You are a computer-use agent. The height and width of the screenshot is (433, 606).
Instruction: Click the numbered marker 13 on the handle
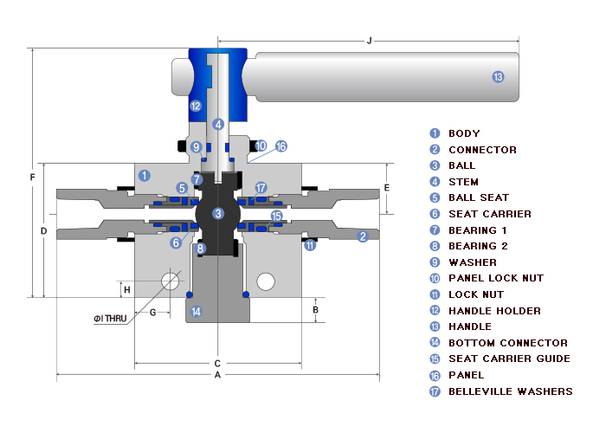(x=497, y=77)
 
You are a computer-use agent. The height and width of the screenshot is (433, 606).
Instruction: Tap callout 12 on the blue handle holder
(x=196, y=107)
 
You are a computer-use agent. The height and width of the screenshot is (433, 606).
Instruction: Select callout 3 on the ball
(x=218, y=213)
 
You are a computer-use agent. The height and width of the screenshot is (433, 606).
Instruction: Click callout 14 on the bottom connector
(x=196, y=311)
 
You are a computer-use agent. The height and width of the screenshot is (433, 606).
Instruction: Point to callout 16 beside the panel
(x=280, y=146)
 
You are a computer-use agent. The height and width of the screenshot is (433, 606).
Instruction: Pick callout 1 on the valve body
(x=145, y=175)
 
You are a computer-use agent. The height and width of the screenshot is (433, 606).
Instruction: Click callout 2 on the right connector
(x=363, y=236)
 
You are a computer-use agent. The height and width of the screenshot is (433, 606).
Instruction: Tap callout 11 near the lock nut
(x=310, y=245)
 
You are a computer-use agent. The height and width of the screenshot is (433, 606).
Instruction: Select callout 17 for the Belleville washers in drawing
(x=261, y=188)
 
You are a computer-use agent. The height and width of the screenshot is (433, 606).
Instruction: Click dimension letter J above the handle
(x=370, y=40)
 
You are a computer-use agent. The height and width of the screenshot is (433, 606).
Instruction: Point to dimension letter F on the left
(x=32, y=178)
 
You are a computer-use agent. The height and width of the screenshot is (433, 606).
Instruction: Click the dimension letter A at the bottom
(x=218, y=375)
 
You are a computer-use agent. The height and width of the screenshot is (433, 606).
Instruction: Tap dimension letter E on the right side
(x=387, y=188)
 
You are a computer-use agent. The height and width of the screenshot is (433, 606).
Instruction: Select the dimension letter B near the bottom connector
(x=316, y=309)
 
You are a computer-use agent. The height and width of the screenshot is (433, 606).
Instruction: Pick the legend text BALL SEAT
(x=478, y=197)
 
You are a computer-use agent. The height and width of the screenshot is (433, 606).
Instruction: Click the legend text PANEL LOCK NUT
(x=496, y=278)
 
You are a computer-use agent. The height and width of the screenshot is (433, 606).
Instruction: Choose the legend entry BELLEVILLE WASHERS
(x=510, y=391)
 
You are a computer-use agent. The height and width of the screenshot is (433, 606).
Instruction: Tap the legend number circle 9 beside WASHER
(x=435, y=262)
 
